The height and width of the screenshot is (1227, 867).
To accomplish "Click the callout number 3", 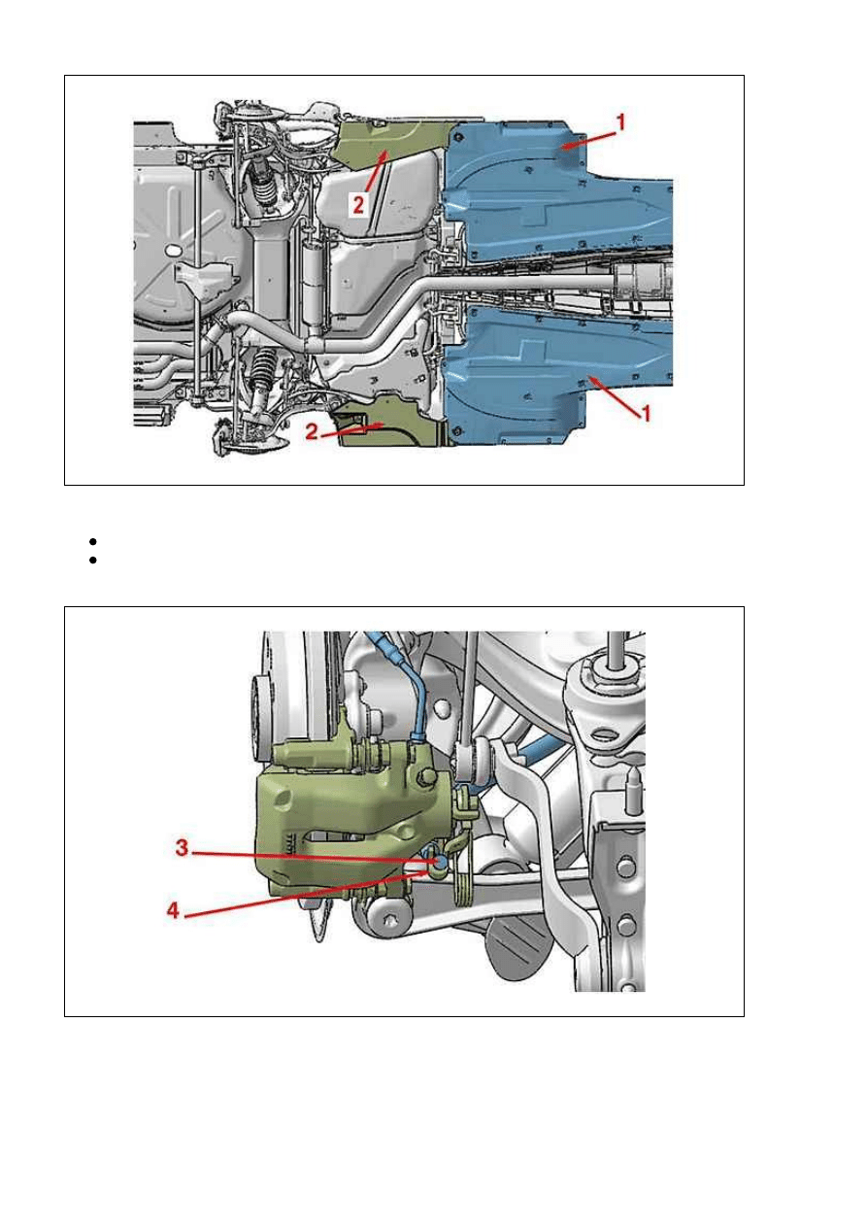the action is click(x=182, y=848).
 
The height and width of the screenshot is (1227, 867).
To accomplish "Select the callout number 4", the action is click(x=174, y=911).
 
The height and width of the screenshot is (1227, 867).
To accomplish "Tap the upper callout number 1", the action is click(x=620, y=122).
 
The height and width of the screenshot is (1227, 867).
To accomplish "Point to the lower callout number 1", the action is click(x=646, y=413).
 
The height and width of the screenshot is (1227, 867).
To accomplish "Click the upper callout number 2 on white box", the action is click(x=358, y=205).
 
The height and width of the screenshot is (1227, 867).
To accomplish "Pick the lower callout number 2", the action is click(x=312, y=432).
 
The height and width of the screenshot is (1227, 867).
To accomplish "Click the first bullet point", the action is click(x=92, y=542).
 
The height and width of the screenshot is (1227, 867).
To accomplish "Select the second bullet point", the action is click(x=92, y=561).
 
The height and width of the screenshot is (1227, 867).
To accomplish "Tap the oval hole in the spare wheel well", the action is click(x=172, y=250).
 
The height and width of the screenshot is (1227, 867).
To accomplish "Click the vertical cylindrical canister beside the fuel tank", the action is click(x=315, y=285).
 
